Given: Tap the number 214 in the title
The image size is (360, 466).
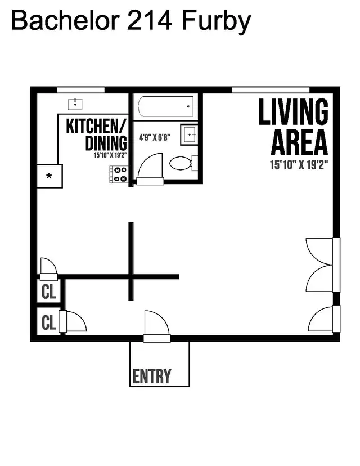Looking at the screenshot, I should pos(148,21).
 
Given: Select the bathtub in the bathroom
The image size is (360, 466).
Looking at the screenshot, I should pos(166,106).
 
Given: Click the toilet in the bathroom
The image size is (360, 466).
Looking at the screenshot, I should pos(182,164).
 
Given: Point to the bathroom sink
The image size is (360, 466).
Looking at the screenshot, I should pos(188,135).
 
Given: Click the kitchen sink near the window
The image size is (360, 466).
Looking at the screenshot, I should pos(75,104).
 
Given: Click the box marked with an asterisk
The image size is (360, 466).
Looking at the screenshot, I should pos(49,176).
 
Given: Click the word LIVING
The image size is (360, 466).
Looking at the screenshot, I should pos(293,112).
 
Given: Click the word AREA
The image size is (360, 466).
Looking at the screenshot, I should pos(299,142).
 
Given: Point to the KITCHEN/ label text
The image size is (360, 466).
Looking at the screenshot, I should pos(97,126).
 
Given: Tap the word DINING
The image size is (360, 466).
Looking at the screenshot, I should pos(106,143).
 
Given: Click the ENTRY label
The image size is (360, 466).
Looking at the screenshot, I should pos(152,376).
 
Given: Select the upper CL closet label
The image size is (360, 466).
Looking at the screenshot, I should pos(49,292).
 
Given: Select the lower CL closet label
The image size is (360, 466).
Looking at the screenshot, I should pos(49,322).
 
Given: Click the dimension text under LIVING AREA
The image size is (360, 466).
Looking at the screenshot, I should pos(299,165).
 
